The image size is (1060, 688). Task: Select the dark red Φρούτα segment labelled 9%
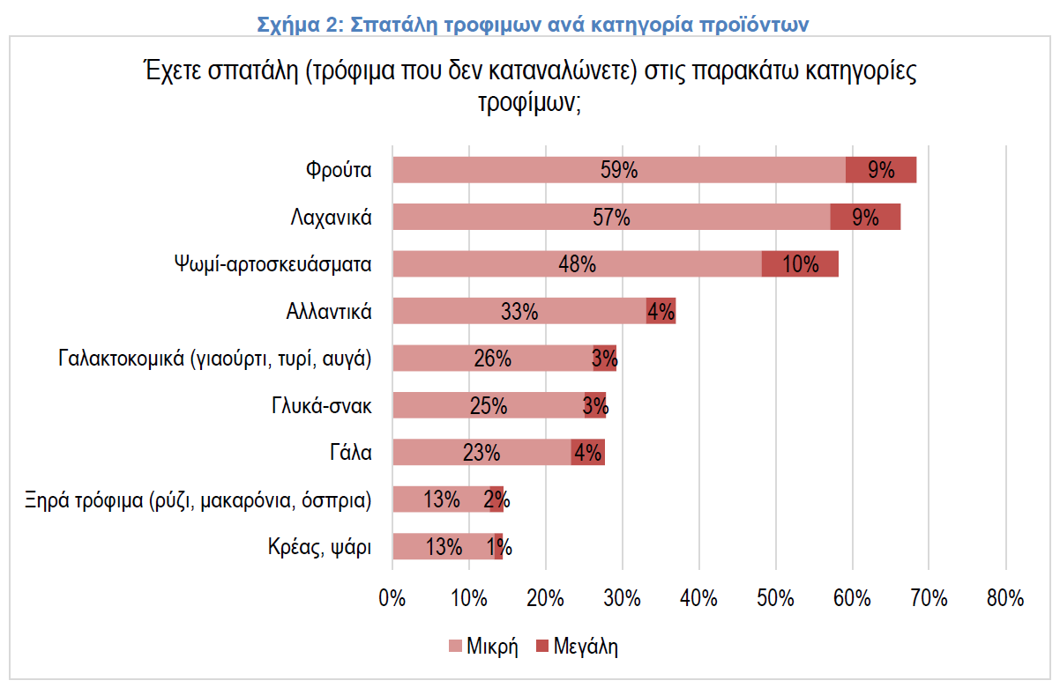coord(881,170)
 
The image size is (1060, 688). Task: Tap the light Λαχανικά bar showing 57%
coord(529,217)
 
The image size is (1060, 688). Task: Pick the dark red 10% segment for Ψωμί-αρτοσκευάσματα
coord(800,263)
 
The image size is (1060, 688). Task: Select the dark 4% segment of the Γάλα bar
coord(588,453)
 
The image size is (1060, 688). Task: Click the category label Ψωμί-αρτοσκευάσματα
coord(273,263)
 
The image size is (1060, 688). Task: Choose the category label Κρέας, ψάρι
coord(319,546)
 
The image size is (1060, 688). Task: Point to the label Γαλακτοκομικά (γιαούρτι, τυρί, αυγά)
coord(215,358)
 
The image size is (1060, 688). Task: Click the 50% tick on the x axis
coord(775,598)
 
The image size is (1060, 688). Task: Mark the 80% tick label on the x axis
coord(1005,598)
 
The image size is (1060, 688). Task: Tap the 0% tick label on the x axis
coord(392,598)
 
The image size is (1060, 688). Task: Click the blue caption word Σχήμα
coord(289,25)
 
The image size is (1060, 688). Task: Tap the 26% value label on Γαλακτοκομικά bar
coord(492,359)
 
